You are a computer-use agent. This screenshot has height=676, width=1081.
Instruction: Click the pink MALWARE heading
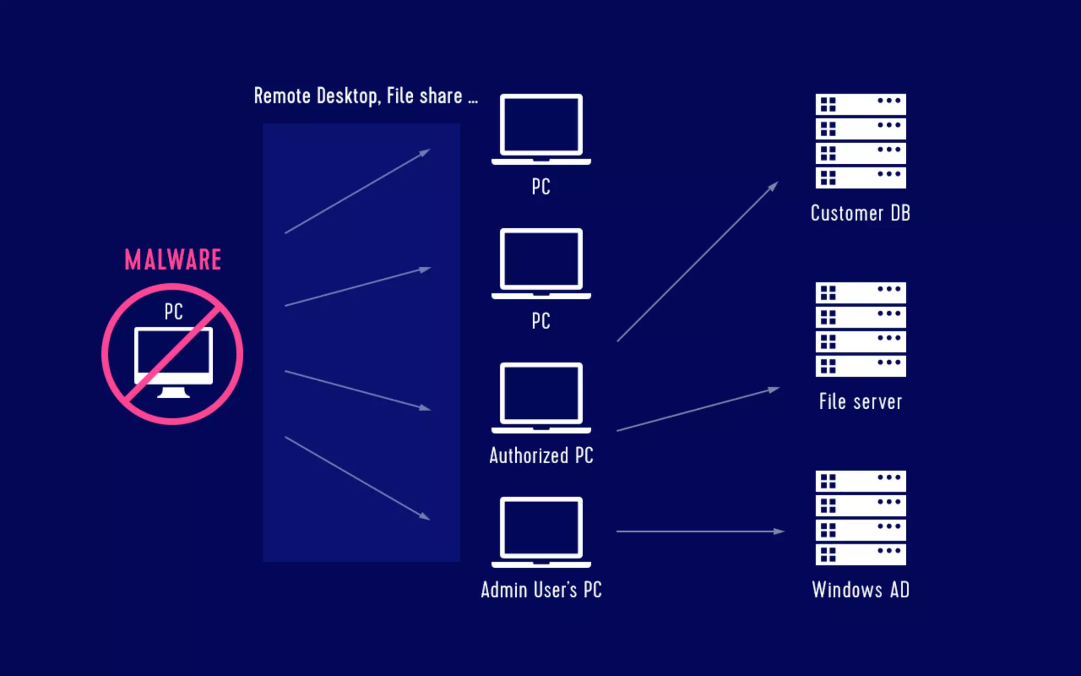click(173, 260)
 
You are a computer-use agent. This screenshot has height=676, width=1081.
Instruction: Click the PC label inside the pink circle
click(173, 312)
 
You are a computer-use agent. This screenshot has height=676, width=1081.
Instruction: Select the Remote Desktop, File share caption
click(365, 96)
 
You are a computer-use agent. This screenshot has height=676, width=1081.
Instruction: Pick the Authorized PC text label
click(541, 455)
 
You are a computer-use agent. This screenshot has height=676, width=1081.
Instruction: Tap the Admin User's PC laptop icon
click(541, 531)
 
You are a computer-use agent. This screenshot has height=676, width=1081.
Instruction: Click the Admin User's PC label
click(541, 590)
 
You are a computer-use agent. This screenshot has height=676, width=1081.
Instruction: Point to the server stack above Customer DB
click(860, 141)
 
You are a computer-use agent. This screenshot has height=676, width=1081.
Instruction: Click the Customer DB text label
click(860, 213)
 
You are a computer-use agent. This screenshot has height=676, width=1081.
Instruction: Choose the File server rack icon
click(860, 329)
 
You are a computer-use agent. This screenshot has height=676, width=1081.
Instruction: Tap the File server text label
click(860, 402)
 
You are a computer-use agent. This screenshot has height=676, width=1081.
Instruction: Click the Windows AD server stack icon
click(860, 518)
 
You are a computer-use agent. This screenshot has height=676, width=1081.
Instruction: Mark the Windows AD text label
click(860, 590)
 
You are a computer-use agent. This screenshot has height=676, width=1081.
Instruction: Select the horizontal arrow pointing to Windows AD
click(699, 531)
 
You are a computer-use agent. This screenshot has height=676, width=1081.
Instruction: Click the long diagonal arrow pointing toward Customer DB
click(697, 262)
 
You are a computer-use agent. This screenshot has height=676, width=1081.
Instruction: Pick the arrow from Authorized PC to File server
click(697, 410)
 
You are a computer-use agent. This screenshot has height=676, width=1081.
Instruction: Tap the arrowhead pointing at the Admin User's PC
click(424, 516)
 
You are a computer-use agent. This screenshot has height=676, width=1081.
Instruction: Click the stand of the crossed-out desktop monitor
click(173, 392)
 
